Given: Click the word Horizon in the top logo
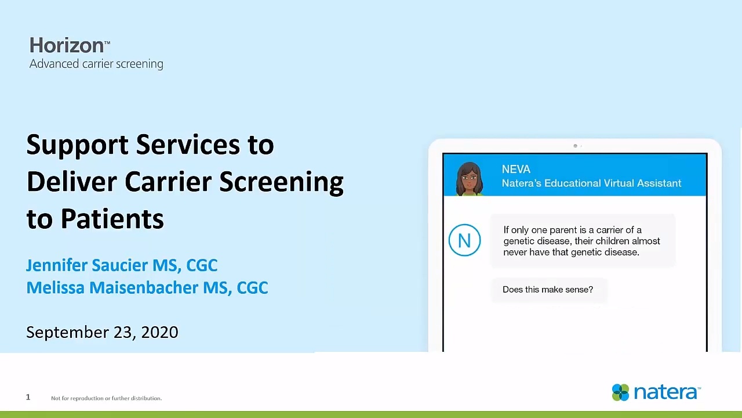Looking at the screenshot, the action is coord(67,45).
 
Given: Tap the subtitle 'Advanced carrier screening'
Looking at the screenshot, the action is coord(96,64).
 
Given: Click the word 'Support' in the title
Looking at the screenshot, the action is coord(78,145).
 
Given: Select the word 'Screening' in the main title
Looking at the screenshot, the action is coord(281,183).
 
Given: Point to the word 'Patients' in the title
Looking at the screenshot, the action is coord(112,219).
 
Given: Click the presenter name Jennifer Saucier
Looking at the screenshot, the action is coord(87,265).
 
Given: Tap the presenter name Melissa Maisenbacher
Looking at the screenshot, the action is coord(112,287).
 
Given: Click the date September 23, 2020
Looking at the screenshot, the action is coord(103,333).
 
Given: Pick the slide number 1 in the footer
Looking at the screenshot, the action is coord(28,397).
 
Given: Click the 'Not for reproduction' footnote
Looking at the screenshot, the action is coord(106,398).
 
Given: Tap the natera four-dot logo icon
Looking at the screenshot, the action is coord(620,392).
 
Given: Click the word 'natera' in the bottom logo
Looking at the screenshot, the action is coord(666,392).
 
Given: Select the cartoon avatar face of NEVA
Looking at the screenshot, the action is coord(470,179).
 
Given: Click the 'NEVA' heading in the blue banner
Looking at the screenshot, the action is coord(516,169).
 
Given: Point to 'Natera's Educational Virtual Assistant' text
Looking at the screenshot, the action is coord(592,183).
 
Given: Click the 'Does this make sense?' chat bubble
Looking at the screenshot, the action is coord(549,290).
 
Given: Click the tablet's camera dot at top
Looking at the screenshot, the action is coord(576,146).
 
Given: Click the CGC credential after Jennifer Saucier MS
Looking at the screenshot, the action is coord(202,265).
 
